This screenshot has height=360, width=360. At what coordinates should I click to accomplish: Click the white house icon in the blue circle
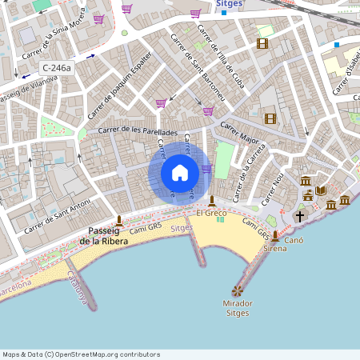[179, 173]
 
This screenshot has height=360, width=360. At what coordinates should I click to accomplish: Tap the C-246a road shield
[57, 69]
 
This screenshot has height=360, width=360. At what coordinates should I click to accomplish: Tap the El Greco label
[211, 214]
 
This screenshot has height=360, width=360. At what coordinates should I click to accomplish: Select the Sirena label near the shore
[275, 249]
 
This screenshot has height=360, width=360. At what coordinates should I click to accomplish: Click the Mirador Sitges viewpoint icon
[236, 291]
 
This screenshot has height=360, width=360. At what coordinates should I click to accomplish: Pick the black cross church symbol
[300, 216]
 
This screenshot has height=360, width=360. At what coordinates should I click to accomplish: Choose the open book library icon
[321, 190]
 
